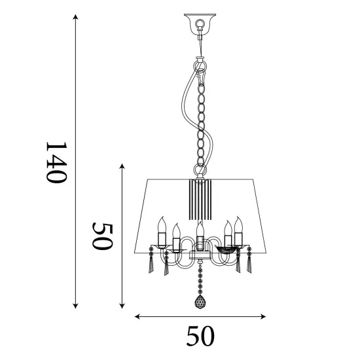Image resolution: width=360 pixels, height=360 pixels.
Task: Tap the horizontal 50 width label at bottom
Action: pyautogui.click(x=200, y=337)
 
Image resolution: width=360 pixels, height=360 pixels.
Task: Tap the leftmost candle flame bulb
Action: pyautogui.click(x=161, y=222)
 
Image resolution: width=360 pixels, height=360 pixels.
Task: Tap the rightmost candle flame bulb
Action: pyautogui.click(x=239, y=222)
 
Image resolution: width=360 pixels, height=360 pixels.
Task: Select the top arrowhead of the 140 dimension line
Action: pyautogui.click(x=76, y=20)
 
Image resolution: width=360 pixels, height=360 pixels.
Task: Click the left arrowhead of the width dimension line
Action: pyautogui.click(x=138, y=317)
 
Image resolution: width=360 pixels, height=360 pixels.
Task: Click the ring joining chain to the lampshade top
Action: pyautogui.click(x=200, y=172)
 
